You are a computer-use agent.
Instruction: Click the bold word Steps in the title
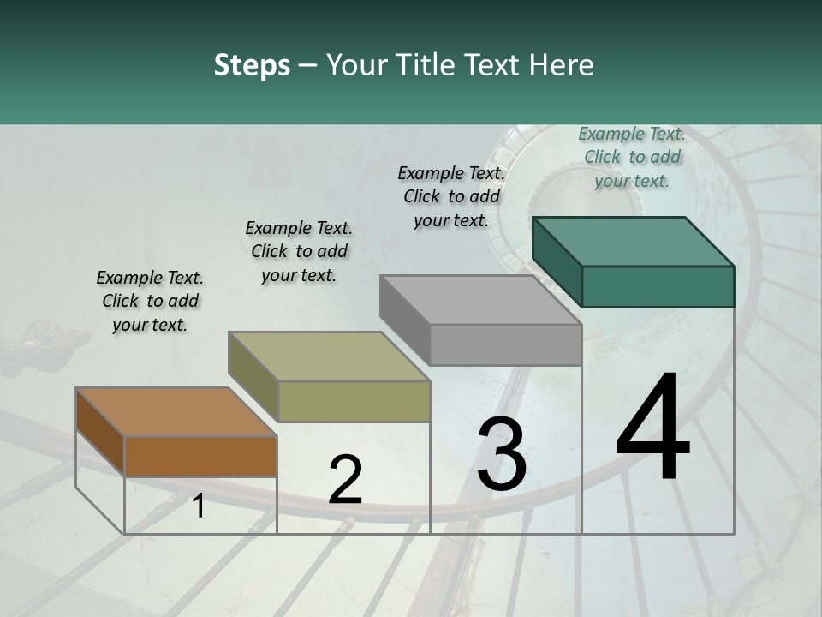point(252,65)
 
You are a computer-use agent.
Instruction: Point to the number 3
point(502,454)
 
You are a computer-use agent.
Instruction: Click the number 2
point(345,480)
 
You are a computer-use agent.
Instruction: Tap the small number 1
point(199,506)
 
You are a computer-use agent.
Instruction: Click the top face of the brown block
point(176,412)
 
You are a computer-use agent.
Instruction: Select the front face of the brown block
point(200,456)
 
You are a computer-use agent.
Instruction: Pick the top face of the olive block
point(329,356)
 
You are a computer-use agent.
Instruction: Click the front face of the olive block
point(354,401)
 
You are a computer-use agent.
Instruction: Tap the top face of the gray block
point(480,300)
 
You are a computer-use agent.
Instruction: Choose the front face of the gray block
point(505,344)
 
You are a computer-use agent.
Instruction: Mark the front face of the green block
point(658,286)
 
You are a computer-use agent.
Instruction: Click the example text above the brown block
point(150,301)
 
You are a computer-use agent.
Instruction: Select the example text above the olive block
point(299,251)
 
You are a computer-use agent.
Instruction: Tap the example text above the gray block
point(451,196)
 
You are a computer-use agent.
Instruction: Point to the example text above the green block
point(632,157)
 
